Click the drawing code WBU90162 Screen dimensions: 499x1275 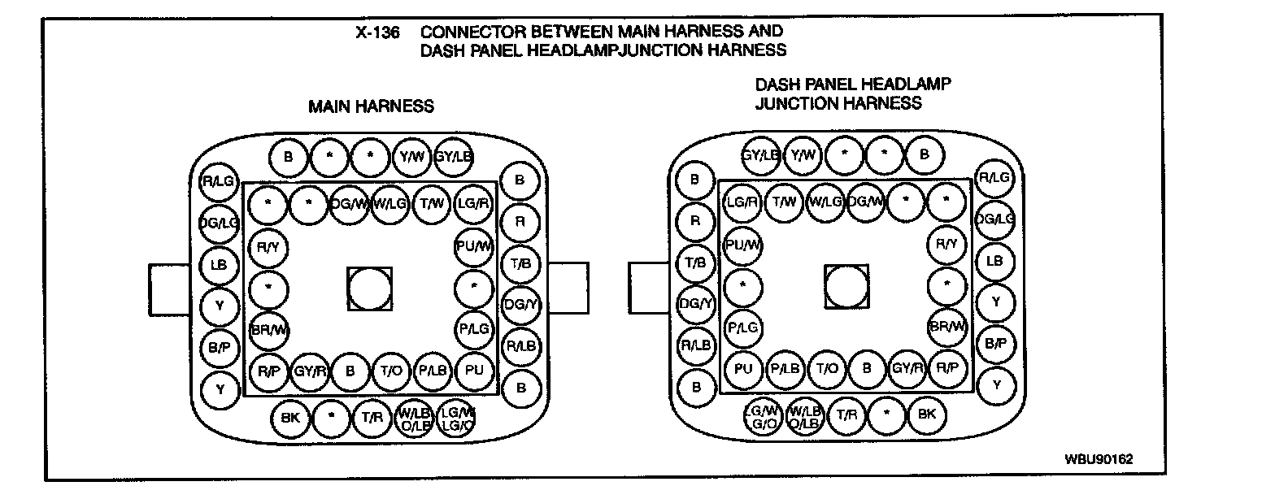(1098, 458)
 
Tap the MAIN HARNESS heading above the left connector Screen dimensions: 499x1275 (370, 106)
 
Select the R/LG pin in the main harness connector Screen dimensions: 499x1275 (219, 182)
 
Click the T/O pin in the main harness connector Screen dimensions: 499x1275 (392, 371)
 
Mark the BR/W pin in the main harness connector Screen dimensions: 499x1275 (270, 328)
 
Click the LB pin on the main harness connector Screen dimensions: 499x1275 (219, 265)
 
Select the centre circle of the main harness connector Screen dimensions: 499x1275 (369, 289)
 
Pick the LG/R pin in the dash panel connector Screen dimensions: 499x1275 (742, 202)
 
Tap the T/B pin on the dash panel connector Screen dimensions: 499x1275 (696, 262)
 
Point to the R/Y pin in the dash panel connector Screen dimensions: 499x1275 (947, 243)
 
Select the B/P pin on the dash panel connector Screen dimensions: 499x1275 (994, 343)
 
